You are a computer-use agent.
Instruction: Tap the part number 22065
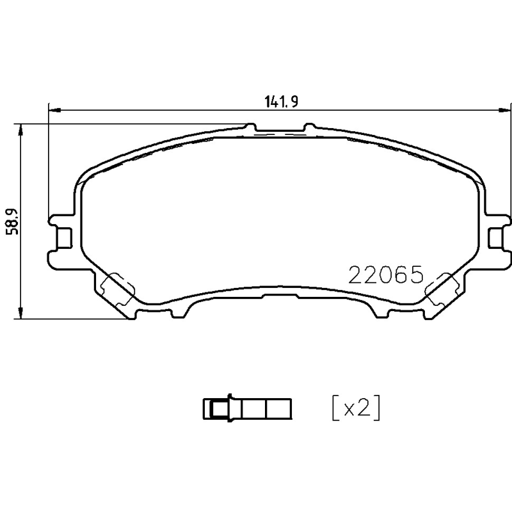pyautogui.click(x=385, y=275)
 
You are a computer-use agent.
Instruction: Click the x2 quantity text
pyautogui.click(x=356, y=408)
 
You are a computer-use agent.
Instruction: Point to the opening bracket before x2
pyautogui.click(x=335, y=408)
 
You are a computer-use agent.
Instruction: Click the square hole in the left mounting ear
pyautogui.click(x=64, y=237)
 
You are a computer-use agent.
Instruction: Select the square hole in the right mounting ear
pyautogui.click(x=495, y=237)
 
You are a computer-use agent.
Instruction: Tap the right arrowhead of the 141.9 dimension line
pyautogui.click(x=504, y=111)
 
